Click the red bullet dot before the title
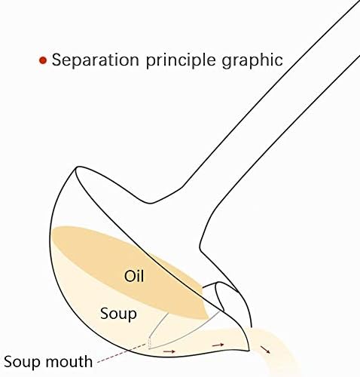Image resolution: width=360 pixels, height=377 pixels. click(x=43, y=60)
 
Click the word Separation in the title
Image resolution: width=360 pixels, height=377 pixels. click(x=96, y=60)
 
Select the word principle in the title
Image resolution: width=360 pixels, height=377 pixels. click(x=181, y=61)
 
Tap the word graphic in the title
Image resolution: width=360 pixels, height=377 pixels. click(x=252, y=61)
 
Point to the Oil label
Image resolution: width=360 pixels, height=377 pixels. click(x=134, y=276)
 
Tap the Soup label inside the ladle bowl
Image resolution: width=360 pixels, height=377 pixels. click(x=118, y=314)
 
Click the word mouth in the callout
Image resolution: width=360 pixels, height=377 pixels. click(x=69, y=361)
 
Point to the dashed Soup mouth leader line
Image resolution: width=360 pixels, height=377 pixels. click(x=121, y=353)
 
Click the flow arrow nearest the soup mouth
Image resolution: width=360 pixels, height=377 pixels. click(x=169, y=351)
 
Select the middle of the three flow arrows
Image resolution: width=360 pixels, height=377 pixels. click(x=218, y=345)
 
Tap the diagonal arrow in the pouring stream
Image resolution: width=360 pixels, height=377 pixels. click(x=265, y=350)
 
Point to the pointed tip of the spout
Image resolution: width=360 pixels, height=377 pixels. click(x=249, y=351)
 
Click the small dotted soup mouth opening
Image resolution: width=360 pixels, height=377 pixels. click(x=149, y=344)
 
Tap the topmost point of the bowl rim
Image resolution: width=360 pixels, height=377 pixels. click(x=76, y=169)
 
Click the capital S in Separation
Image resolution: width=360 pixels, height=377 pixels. click(x=56, y=60)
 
